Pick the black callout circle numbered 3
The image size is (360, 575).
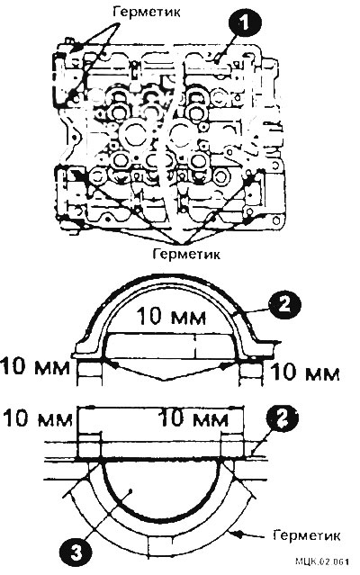(76, 553)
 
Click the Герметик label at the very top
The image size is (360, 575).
(147, 12)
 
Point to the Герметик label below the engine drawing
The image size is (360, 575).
(186, 254)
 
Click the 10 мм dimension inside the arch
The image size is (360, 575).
(171, 317)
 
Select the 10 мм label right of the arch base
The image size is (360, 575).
(305, 373)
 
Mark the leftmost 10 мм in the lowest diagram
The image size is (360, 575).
(38, 418)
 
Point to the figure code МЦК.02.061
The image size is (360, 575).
(322, 562)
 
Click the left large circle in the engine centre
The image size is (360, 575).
(135, 136)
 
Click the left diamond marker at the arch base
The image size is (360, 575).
(114, 365)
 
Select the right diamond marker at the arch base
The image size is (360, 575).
(223, 365)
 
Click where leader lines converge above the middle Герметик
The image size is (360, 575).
(180, 244)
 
